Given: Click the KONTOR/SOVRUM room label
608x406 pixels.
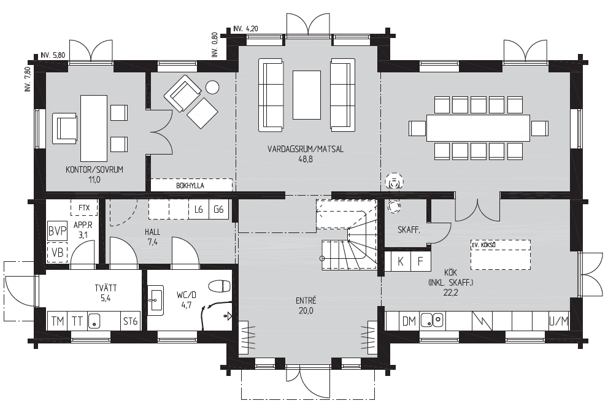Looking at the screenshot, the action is tap(94, 170).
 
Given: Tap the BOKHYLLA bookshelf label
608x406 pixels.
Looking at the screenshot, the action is tap(190, 186).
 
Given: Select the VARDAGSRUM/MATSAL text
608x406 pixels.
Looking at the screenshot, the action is tap(306, 149).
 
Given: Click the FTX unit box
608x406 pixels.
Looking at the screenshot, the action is tap(84, 208).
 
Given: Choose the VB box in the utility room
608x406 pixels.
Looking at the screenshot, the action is tap(58, 253).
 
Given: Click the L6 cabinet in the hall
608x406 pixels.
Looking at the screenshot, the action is tap(199, 210).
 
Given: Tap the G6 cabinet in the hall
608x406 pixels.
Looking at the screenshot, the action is tap(218, 210).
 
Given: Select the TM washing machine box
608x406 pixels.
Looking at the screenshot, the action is tap(58, 321).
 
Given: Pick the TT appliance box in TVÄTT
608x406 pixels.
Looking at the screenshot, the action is tap(77, 321).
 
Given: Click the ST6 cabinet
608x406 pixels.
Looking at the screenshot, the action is tap(130, 321).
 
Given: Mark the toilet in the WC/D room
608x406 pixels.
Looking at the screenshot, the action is tap(220, 286).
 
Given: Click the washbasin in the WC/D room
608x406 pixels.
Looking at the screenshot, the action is tap(156, 298).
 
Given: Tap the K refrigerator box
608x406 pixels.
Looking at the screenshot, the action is tap(401, 261).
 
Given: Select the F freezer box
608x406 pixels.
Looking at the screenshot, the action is tap(420, 261).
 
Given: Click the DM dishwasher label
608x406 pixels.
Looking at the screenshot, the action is tap(409, 321).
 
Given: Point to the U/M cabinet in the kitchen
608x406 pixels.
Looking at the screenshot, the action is tap(559, 321).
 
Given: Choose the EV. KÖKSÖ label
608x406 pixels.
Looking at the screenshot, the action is tap(483, 245).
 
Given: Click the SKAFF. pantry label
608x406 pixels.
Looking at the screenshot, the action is tap(409, 230).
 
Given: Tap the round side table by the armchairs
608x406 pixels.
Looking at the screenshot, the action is tap(212, 87).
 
